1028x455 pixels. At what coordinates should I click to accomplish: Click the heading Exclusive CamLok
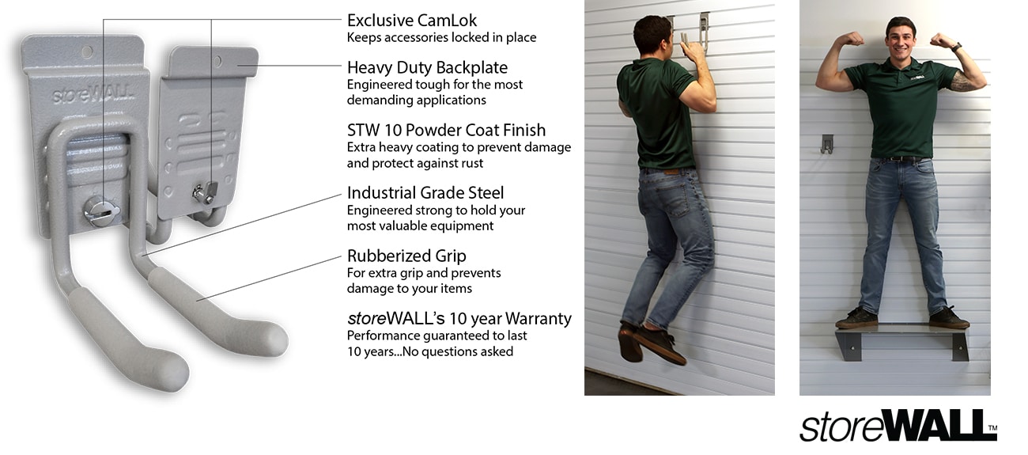tap(412, 20)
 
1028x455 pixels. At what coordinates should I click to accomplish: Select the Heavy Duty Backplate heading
tap(427, 67)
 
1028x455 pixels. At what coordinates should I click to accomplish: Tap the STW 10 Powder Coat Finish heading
tap(446, 130)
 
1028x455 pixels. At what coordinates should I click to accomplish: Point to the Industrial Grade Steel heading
tap(425, 193)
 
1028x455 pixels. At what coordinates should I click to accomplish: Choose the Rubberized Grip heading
tap(406, 256)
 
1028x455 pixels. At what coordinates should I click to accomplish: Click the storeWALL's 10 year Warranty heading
tap(459, 319)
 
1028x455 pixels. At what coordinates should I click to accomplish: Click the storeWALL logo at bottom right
tap(897, 425)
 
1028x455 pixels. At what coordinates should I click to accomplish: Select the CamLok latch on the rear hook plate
tap(203, 191)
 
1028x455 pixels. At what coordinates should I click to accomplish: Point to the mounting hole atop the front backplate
tap(86, 51)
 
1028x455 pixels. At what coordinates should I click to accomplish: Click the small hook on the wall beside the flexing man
tap(826, 143)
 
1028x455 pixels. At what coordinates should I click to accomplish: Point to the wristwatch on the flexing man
tap(955, 47)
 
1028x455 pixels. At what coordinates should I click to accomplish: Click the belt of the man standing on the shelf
tap(901, 158)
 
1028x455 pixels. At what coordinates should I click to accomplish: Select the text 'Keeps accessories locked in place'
tap(441, 37)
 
